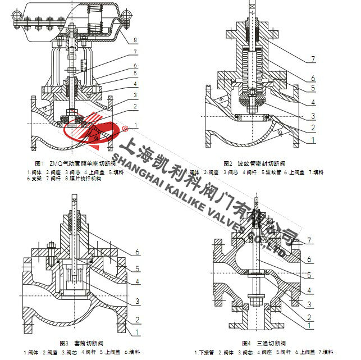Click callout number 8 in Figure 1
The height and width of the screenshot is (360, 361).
coord(136,40)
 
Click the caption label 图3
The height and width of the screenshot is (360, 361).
coord(63,343)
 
